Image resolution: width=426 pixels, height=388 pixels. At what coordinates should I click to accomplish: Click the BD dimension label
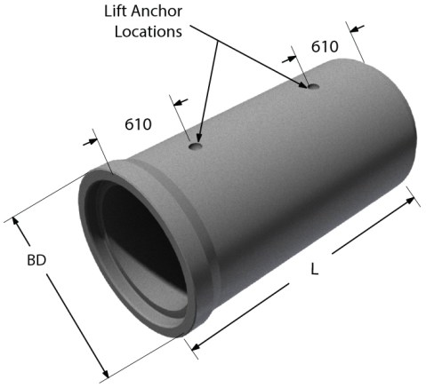36,262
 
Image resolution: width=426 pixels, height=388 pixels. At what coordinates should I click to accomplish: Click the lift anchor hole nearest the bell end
197,146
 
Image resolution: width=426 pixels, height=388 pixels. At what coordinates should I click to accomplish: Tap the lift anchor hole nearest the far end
309,86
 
